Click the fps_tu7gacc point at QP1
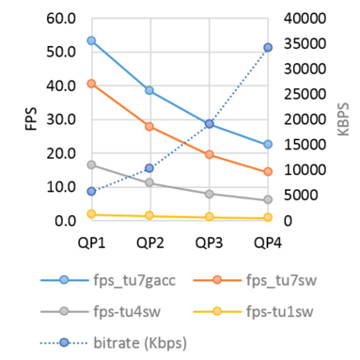point(91,40)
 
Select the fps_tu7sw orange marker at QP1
point(91,84)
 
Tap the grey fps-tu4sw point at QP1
point(91,164)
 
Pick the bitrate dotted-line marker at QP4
point(268,47)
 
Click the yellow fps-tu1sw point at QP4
point(268,218)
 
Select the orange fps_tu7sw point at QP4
point(268,172)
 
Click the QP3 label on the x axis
point(210,243)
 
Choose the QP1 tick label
point(91,243)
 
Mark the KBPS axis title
point(346,119)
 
